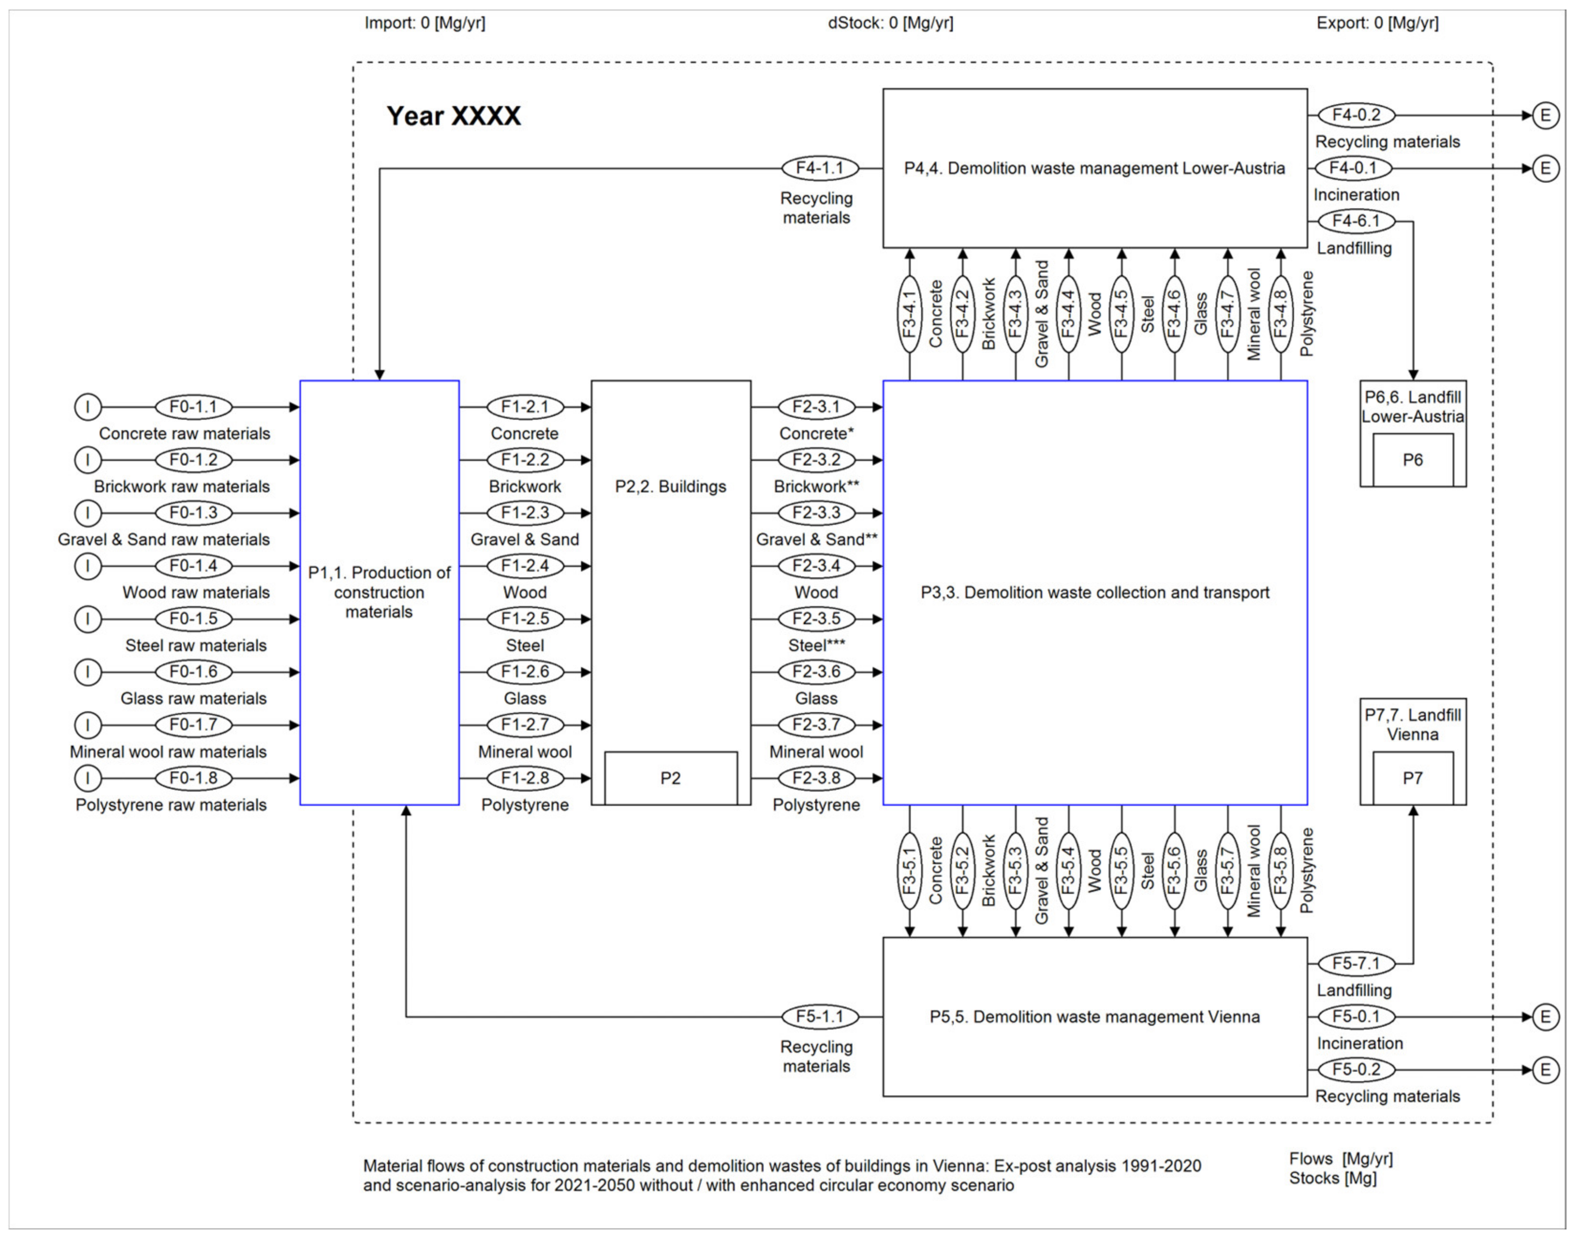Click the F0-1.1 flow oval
(194, 407)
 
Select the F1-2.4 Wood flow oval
(525, 565)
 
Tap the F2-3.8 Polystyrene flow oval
(816, 778)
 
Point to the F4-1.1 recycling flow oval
(820, 168)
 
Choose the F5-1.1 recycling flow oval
(820, 1016)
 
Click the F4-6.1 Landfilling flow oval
(1356, 221)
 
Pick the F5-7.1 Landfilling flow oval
(1356, 963)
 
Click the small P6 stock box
(1412, 460)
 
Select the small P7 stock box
(1412, 778)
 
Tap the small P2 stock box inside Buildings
(670, 778)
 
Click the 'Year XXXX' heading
(453, 116)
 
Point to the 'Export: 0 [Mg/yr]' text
(1377, 23)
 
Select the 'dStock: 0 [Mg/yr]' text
(891, 23)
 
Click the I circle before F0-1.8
(87, 778)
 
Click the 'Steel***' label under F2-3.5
(816, 645)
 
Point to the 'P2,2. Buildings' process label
(670, 487)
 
